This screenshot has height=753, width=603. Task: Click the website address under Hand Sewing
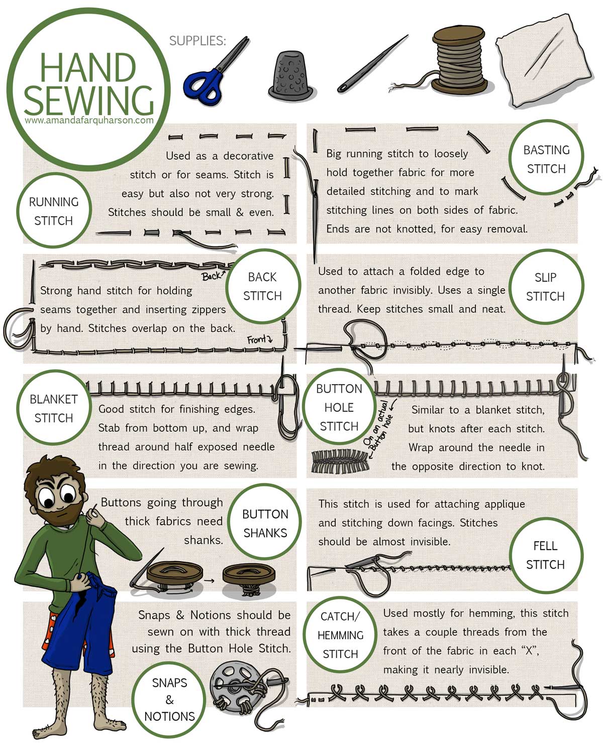[89, 120]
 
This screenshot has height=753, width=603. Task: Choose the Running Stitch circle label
[54, 211]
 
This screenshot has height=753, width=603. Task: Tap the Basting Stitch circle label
[546, 159]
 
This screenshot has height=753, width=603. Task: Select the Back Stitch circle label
[262, 286]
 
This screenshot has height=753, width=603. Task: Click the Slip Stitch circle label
[545, 287]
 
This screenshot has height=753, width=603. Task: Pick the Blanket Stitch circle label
[54, 408]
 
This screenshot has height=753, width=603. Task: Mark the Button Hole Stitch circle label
[339, 407]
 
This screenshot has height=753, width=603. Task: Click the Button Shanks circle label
[265, 523]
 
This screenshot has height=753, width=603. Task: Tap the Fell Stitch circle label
[545, 555]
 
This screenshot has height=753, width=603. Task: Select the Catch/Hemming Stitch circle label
[340, 635]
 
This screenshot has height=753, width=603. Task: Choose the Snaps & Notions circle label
[169, 699]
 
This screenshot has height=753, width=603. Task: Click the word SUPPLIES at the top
[197, 41]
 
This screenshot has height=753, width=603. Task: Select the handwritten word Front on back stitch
[257, 340]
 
